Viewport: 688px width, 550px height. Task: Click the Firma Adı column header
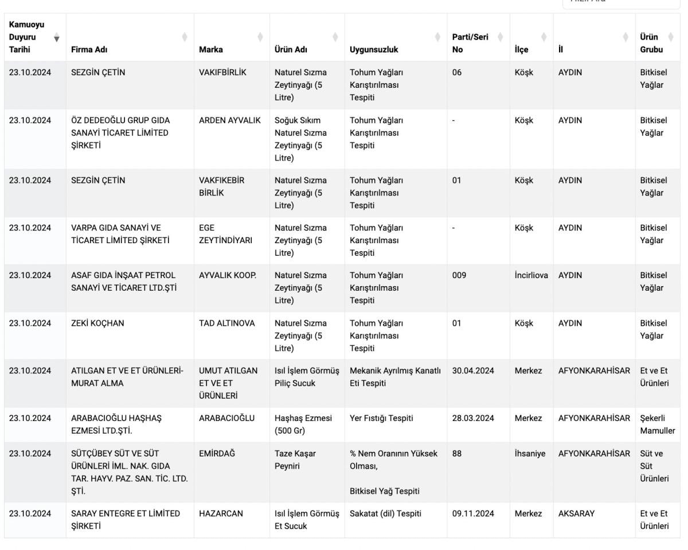(x=89, y=49)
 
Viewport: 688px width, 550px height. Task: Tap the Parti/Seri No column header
(x=470, y=43)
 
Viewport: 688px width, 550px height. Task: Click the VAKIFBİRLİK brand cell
(x=223, y=73)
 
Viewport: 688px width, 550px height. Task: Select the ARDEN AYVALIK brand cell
(x=229, y=120)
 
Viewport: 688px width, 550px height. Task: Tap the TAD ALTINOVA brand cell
(x=226, y=323)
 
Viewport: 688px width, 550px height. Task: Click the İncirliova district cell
(x=531, y=275)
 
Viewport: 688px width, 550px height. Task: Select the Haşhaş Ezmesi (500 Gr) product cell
(x=303, y=424)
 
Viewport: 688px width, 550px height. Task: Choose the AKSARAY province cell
(x=576, y=514)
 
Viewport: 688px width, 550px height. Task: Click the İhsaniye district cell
(x=530, y=454)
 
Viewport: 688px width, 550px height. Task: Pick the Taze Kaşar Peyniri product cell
(x=295, y=460)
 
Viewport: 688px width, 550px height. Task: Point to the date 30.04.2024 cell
(x=473, y=371)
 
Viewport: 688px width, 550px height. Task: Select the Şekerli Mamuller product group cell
(x=658, y=424)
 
